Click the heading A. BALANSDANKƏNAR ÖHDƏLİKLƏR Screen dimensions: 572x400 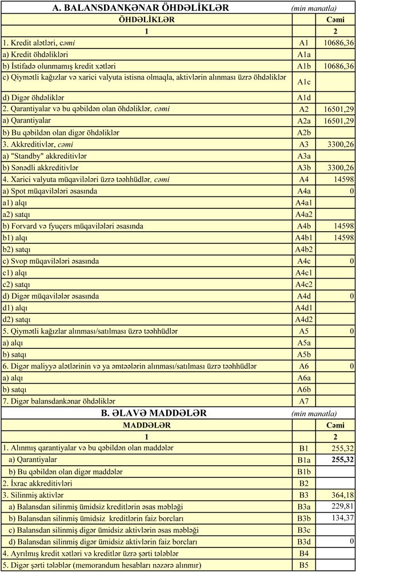(141, 8)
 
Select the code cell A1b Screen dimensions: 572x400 (303, 66)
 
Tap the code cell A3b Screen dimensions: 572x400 (303, 168)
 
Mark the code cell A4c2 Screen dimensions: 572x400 (303, 284)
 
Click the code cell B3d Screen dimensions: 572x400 (303, 541)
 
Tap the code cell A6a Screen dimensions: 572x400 (303, 378)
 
